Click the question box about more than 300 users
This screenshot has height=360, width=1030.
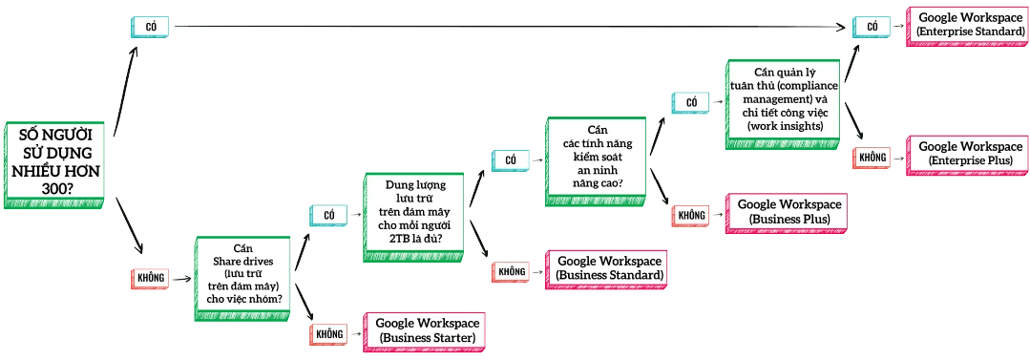55,163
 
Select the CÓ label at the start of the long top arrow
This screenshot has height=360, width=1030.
151,27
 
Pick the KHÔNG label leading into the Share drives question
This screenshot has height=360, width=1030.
151,278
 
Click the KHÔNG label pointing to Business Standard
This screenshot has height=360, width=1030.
512,272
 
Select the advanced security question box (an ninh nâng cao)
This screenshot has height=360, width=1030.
599,162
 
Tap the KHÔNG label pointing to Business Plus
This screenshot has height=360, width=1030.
691,216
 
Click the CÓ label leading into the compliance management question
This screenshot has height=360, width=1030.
691,102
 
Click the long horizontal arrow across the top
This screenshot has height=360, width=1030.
506,27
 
